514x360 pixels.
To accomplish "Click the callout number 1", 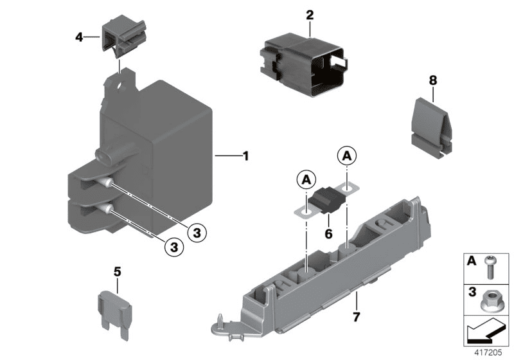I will [x=245, y=156].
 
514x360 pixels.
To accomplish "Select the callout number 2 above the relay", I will [x=310, y=15].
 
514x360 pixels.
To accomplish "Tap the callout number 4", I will [x=79, y=37].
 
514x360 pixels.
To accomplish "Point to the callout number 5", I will [x=117, y=272].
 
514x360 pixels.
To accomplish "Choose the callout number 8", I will [x=432, y=80].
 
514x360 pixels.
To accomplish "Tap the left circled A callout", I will [x=306, y=179].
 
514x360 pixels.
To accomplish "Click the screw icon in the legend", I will [x=490, y=267].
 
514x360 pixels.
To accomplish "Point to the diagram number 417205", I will [x=490, y=352].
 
